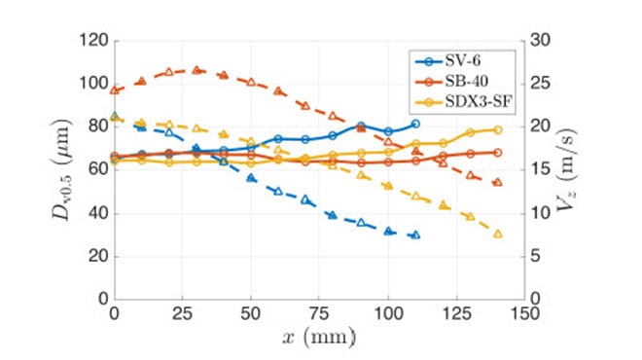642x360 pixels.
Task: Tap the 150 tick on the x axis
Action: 525,313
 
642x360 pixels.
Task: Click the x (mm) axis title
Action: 320,337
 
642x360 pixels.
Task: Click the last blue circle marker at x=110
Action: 415,124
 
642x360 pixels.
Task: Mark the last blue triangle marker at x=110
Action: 415,234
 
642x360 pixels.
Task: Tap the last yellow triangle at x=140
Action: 498,234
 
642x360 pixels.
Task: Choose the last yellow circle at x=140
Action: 498,129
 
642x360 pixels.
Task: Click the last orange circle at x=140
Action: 498,153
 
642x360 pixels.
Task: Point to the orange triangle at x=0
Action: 115,90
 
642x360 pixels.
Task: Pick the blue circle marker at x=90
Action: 361,126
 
